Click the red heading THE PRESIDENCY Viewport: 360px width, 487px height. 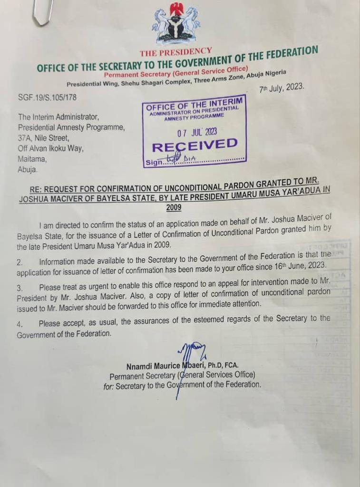click(x=175, y=52)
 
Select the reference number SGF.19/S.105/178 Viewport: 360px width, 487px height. click(x=47, y=97)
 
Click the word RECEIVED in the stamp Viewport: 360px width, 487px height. click(x=196, y=145)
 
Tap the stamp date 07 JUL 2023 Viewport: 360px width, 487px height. click(x=196, y=131)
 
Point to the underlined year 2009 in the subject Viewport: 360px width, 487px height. click(x=174, y=207)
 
